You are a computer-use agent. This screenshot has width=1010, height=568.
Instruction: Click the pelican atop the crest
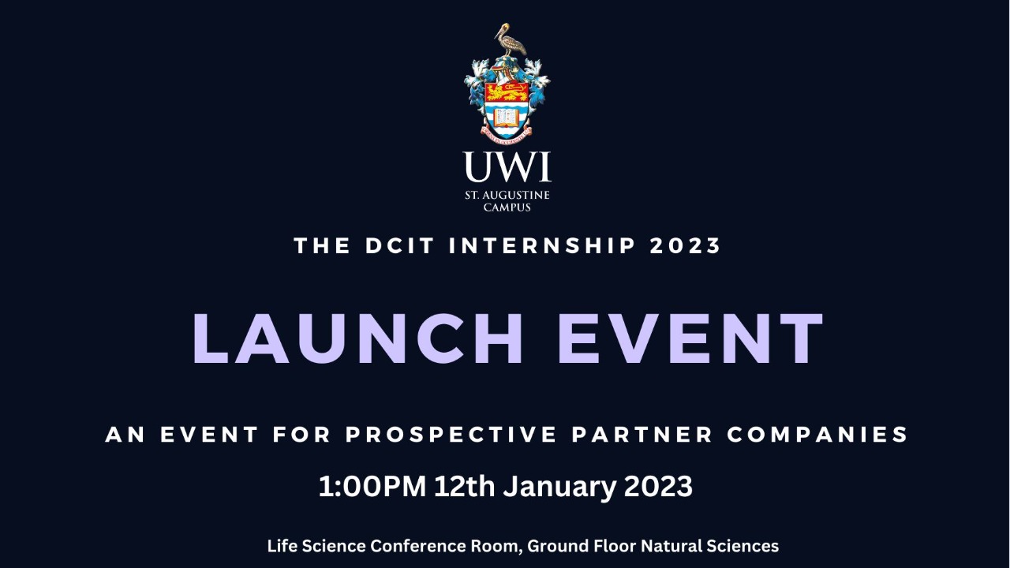(510, 41)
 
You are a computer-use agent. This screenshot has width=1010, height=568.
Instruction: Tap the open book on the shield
(507, 117)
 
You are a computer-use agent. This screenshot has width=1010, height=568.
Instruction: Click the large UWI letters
(507, 166)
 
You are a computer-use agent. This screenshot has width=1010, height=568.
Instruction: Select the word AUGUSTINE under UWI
(518, 195)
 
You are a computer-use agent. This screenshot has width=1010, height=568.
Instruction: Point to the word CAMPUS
(507, 207)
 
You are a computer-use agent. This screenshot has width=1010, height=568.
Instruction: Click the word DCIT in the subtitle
(400, 245)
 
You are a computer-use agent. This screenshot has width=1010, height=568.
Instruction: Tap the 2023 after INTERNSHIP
(686, 245)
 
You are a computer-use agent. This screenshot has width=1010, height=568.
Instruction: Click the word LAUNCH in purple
(358, 338)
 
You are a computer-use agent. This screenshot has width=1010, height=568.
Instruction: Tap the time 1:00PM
(372, 487)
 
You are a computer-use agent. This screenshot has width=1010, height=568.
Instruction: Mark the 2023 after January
(658, 487)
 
